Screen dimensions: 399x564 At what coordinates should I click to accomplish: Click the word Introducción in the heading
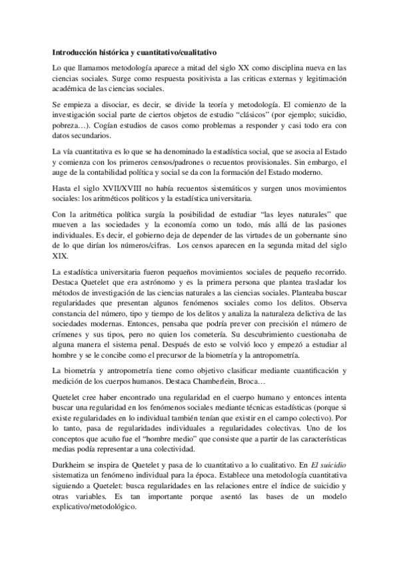coord(75,51)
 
